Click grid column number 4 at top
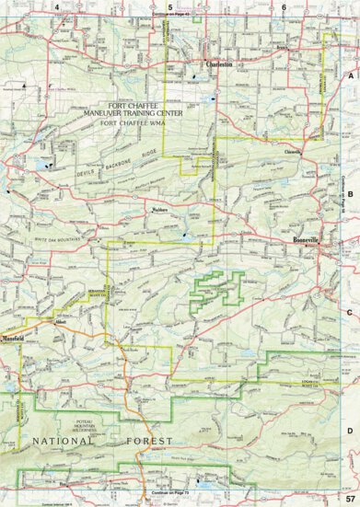pos(57,8)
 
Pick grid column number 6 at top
pos(285,8)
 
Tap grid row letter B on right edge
pos(351,194)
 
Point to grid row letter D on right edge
pos(351,427)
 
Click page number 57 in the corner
pos(350,498)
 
